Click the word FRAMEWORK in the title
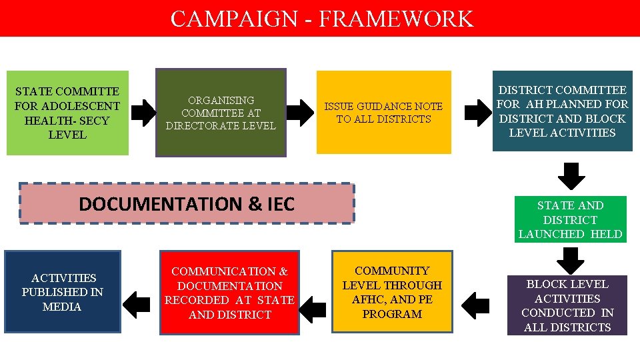(x=396, y=18)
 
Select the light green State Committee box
(x=67, y=113)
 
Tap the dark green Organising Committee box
(x=221, y=113)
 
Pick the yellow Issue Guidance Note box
(x=383, y=113)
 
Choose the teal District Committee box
(x=562, y=111)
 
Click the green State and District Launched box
(x=570, y=219)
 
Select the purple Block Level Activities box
(x=567, y=305)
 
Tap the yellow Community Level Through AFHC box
(x=392, y=291)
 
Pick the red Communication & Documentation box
(x=229, y=292)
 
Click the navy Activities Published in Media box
(x=63, y=291)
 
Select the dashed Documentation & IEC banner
(x=187, y=203)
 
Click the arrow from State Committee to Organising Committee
(x=143, y=113)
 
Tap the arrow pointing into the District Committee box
(x=476, y=113)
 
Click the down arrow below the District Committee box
(x=571, y=176)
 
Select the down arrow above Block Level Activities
(x=571, y=260)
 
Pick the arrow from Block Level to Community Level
(x=475, y=305)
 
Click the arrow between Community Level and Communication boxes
(x=313, y=305)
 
